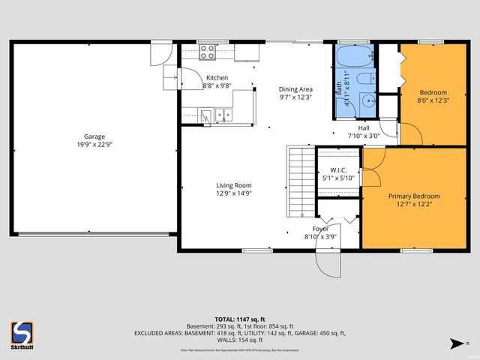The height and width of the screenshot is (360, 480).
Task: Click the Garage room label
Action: (x=94, y=136)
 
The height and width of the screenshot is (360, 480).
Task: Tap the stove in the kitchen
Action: (x=208, y=52)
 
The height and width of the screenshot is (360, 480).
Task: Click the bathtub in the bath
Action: (x=353, y=56)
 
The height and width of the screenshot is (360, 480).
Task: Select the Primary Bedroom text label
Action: (x=414, y=196)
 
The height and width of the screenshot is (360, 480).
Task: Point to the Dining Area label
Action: (x=295, y=88)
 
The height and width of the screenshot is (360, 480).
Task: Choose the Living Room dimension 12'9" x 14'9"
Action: (x=234, y=193)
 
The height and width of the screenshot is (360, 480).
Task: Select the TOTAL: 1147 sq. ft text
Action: (x=239, y=319)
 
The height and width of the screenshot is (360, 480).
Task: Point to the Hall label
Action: (x=364, y=127)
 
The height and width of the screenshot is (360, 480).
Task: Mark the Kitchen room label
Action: (x=217, y=78)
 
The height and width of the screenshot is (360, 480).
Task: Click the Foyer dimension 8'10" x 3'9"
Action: (x=320, y=236)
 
